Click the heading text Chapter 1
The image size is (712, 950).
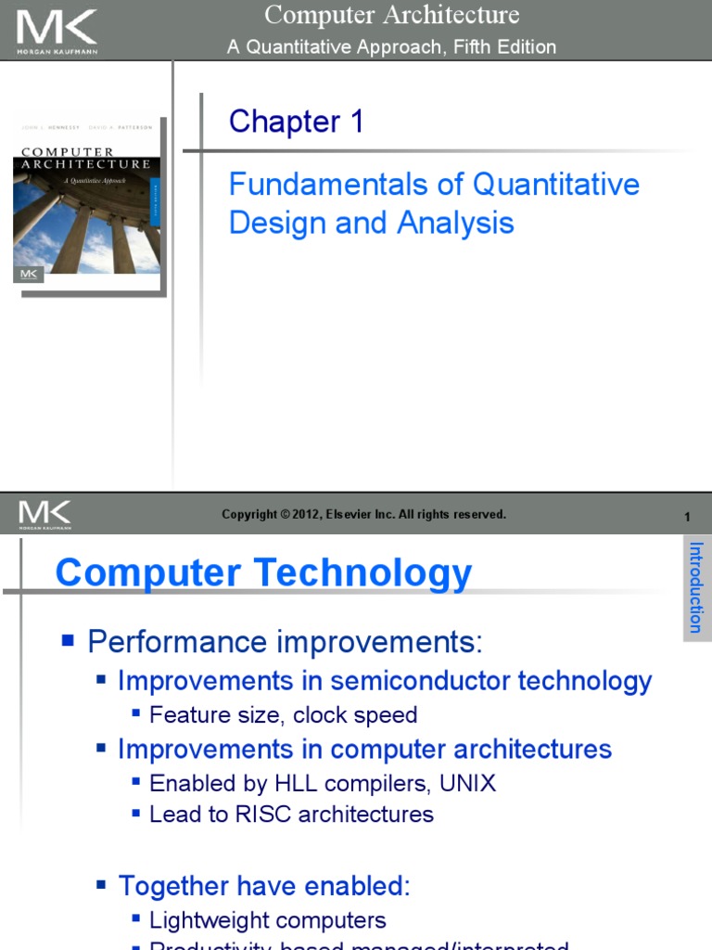(297, 122)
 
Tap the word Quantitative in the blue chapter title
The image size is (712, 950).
(556, 184)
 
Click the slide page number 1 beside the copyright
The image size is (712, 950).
(687, 517)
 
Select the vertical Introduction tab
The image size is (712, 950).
(696, 587)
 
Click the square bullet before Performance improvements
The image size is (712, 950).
(67, 639)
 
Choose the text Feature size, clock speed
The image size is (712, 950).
(283, 715)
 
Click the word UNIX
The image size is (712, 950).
(467, 783)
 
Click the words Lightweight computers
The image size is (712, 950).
(268, 920)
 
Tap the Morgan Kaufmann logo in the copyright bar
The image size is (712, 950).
(44, 515)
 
